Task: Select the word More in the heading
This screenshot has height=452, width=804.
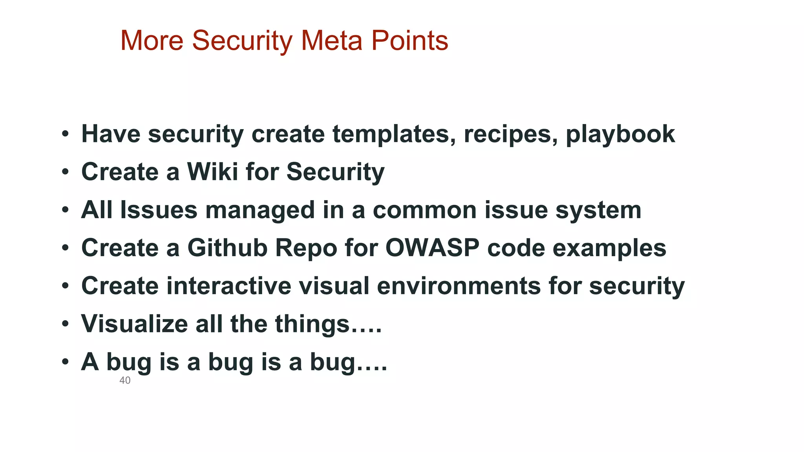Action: (x=152, y=40)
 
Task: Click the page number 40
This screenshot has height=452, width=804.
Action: (x=125, y=380)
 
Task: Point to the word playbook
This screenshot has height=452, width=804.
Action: (x=620, y=135)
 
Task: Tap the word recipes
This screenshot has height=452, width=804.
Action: (x=511, y=135)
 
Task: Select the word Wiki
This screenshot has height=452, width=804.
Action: (x=212, y=172)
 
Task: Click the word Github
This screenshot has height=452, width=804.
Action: (x=227, y=248)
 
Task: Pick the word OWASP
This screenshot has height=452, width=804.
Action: (x=432, y=248)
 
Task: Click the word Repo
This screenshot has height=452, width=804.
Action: (x=306, y=248)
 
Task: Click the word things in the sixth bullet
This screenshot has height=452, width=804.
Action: (x=312, y=324)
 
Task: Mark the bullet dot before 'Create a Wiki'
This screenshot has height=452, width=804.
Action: (x=65, y=172)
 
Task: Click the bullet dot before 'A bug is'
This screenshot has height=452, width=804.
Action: (x=65, y=362)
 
